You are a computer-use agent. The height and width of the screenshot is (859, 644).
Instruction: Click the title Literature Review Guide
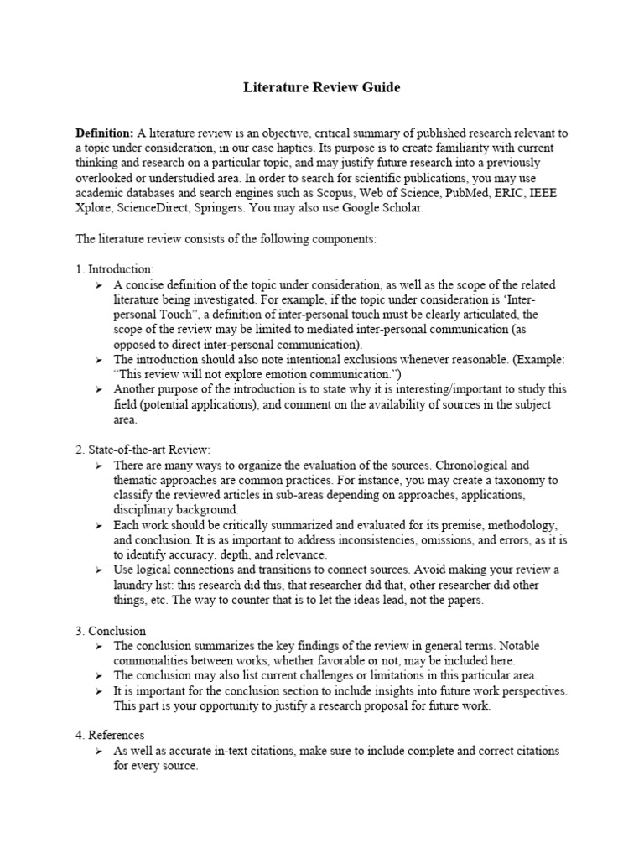point(322,87)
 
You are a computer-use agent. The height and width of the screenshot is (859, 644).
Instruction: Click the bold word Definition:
point(105,133)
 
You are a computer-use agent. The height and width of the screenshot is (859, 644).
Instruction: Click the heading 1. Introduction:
point(115,269)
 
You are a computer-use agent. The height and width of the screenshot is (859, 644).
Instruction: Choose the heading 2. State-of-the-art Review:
point(143,450)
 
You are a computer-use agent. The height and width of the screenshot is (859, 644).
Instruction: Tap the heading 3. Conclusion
point(111,630)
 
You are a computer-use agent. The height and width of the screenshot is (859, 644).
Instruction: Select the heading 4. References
point(110,735)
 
